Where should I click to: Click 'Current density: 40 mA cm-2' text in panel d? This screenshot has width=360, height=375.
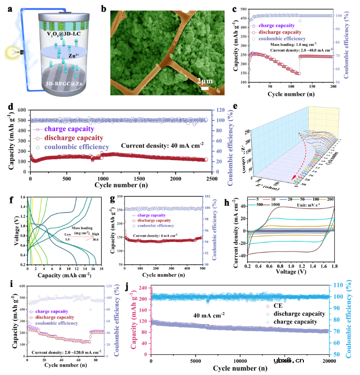(162, 145)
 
